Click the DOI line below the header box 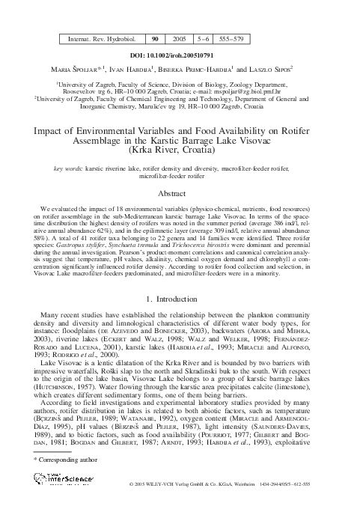pos(180,55)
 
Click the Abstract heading pos(180,192)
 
